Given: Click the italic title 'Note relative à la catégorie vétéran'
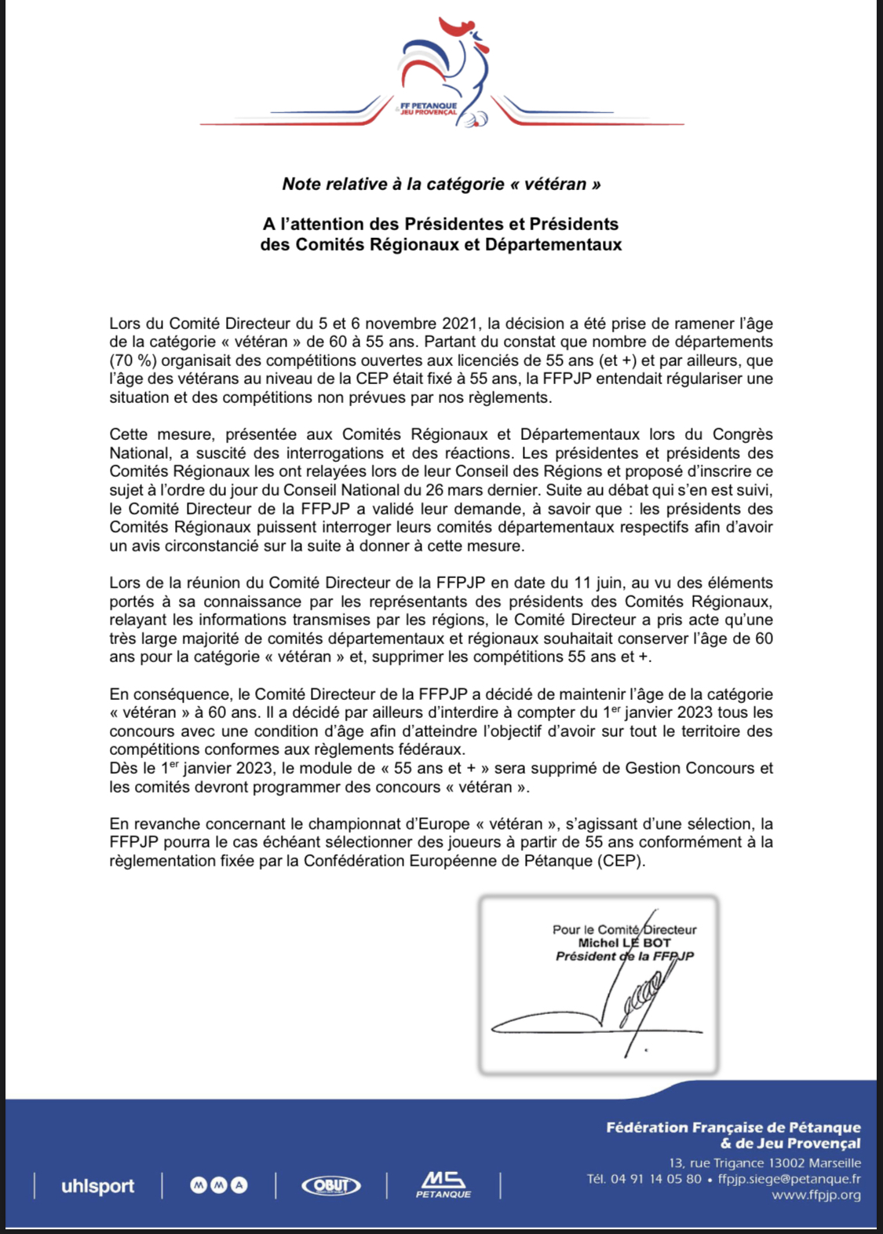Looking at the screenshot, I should click(x=441, y=185).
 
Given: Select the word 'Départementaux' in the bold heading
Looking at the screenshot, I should click(x=553, y=244).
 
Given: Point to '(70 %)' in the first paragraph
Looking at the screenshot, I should click(x=133, y=361).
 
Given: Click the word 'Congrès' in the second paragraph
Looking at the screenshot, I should click(x=742, y=434).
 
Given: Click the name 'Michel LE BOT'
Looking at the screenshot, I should click(x=624, y=943).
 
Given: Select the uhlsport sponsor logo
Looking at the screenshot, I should click(x=97, y=1186).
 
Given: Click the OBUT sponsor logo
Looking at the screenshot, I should click(x=331, y=1185).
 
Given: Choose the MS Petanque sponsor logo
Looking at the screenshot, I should click(x=443, y=1185).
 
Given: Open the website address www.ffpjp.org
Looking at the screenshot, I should click(x=816, y=1196).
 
